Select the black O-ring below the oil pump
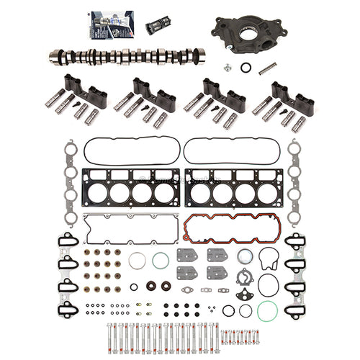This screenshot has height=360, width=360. coord(246,68)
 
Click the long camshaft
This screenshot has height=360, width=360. coord(127,56)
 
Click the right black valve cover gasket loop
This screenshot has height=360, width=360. coord(229,150)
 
